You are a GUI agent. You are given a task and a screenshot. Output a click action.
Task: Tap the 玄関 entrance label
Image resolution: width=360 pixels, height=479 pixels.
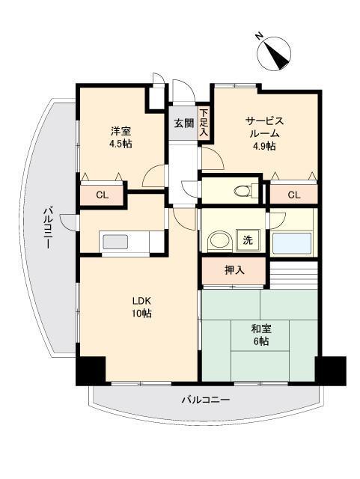[183, 123]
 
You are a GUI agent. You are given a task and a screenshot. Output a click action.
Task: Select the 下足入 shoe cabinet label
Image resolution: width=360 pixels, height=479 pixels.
[204, 123]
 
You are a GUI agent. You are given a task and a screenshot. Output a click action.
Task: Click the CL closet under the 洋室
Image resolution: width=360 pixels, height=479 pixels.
[102, 196]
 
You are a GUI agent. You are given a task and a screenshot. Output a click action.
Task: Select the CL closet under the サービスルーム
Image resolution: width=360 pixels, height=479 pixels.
[293, 195]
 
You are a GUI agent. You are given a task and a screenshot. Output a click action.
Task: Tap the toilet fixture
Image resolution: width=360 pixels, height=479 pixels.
[242, 192]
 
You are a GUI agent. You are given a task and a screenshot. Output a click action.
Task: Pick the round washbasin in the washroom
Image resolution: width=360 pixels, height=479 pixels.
[218, 241]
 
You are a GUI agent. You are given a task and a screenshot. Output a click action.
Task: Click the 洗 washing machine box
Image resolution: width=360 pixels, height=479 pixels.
[247, 241]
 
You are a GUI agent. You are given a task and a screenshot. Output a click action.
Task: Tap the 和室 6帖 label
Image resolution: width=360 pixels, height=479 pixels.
[260, 334]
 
